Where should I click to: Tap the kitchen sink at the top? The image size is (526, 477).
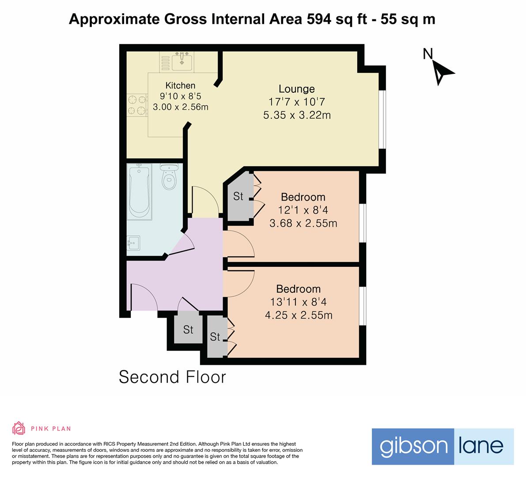click(182, 61)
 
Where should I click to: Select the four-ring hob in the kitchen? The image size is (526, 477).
click(136, 105)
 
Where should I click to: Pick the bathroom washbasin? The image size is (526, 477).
click(133, 242)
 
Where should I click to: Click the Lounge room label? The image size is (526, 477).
click(296, 89)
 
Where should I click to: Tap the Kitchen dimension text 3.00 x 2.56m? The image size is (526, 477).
click(180, 107)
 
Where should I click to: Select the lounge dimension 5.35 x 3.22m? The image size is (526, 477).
click(296, 115)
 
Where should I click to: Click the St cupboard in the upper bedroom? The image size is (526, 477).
click(238, 196)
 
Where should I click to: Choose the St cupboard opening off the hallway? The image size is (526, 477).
click(188, 329)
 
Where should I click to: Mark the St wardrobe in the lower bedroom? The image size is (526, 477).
click(215, 337)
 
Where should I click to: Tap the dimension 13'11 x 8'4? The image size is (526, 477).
click(298, 302)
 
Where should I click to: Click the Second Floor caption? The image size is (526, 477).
click(172, 377)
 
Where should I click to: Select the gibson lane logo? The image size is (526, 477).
click(442, 446)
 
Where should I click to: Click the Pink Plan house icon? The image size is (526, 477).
click(19, 428)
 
